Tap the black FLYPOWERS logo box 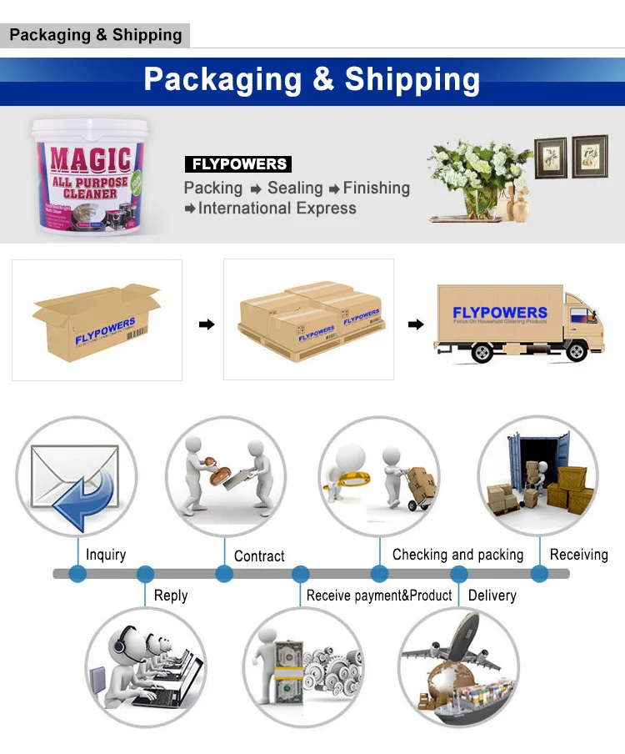pyautogui.click(x=237, y=164)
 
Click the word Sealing pyautogui.click(x=295, y=188)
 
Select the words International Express pyautogui.click(x=277, y=209)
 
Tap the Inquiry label pyautogui.click(x=106, y=555)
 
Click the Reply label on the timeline pyautogui.click(x=171, y=596)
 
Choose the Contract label pyautogui.click(x=259, y=556)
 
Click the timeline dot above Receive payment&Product pyautogui.click(x=301, y=574)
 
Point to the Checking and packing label pyautogui.click(x=457, y=555)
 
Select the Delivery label pyautogui.click(x=492, y=596)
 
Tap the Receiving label pyautogui.click(x=578, y=555)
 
